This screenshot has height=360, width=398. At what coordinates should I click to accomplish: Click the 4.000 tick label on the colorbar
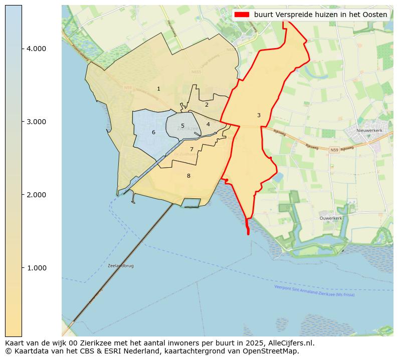click(x=36, y=49)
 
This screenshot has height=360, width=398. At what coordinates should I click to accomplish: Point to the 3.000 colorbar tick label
click(x=36, y=122)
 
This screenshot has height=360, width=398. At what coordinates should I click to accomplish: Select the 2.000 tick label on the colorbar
click(x=36, y=195)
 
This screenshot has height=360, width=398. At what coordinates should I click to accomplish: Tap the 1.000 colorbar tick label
click(x=36, y=268)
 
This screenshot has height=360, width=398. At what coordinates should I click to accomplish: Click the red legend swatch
click(x=241, y=15)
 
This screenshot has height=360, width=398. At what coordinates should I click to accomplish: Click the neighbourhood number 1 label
click(x=158, y=89)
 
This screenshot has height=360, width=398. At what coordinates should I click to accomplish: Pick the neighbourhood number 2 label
click(x=207, y=105)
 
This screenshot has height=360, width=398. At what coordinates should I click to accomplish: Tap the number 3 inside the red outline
click(x=259, y=115)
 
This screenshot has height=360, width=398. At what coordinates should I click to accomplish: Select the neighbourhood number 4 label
click(x=208, y=124)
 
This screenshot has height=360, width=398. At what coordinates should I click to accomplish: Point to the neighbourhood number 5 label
click(x=182, y=126)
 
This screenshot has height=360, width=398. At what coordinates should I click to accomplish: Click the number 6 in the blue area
click(x=153, y=132)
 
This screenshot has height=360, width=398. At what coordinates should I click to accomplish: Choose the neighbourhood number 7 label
click(x=191, y=149)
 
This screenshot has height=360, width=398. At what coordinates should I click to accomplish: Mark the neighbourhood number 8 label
click(x=188, y=176)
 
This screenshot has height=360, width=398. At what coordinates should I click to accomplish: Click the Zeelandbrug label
click(x=120, y=266)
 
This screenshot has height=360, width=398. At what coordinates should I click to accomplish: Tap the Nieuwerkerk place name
click(x=369, y=130)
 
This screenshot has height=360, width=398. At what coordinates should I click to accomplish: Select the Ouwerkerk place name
click(x=331, y=218)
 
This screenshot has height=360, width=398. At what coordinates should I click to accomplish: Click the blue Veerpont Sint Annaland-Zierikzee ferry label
click(x=314, y=291)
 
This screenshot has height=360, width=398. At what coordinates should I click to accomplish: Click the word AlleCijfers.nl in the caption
click(x=291, y=343)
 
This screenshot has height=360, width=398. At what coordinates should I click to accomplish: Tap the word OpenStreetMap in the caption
click(x=272, y=351)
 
